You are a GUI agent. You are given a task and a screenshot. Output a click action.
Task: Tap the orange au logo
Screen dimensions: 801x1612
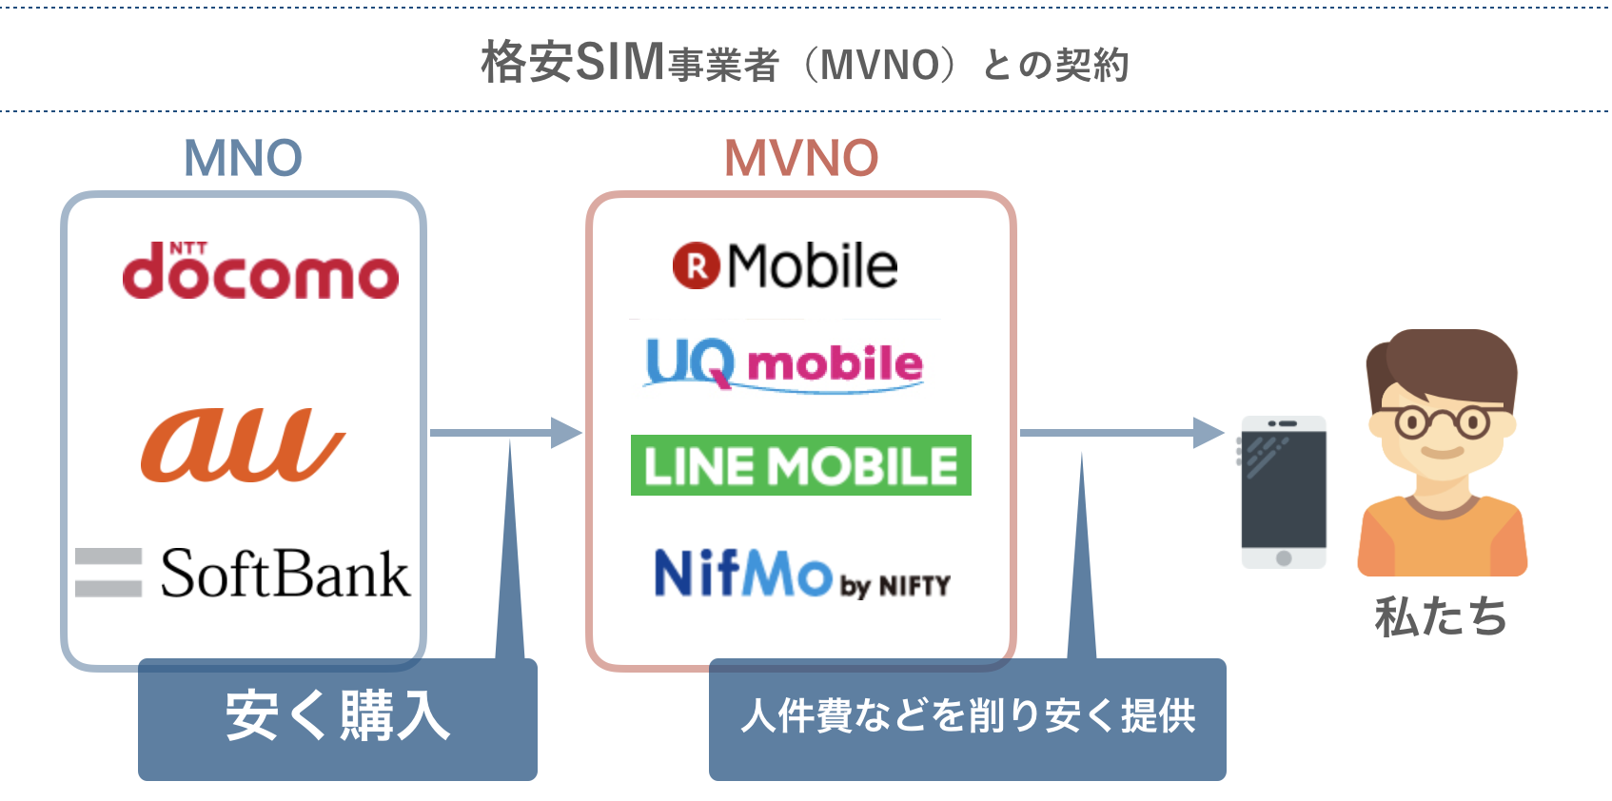tap(242, 444)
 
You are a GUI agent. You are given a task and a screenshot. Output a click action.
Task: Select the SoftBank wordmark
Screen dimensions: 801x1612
tap(285, 574)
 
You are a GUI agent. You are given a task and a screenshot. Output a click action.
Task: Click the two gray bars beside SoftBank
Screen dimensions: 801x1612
tap(108, 572)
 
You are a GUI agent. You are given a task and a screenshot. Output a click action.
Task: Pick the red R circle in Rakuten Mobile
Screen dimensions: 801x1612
tap(697, 266)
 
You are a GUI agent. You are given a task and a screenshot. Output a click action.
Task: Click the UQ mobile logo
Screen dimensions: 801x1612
tap(783, 363)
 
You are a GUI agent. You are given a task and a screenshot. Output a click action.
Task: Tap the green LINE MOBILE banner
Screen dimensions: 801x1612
tap(800, 465)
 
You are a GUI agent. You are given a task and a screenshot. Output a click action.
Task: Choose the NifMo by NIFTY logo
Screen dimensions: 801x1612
tap(801, 574)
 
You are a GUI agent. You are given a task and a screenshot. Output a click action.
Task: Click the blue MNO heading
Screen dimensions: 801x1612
tap(243, 158)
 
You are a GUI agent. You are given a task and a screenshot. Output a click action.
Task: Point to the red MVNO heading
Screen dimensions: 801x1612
tap(800, 158)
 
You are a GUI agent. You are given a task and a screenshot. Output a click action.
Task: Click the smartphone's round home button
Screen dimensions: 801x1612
tap(1284, 558)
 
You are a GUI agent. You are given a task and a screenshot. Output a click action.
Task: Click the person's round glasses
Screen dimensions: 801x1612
tap(1442, 421)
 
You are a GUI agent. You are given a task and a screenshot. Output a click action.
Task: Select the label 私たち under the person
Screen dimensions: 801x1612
tap(1441, 616)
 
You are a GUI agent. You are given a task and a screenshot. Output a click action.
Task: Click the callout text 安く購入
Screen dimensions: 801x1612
tap(338, 716)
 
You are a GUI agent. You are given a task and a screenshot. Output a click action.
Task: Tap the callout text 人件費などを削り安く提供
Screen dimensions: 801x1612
tap(967, 716)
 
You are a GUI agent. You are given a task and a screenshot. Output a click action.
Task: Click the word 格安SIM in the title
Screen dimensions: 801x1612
tap(572, 63)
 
